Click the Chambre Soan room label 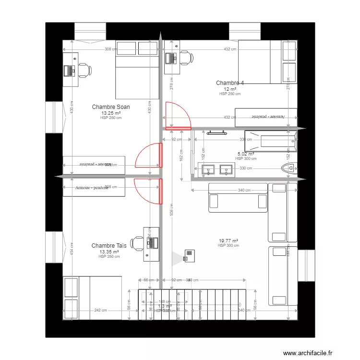click(111, 107)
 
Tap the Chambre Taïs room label click(109, 245)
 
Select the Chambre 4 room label click(230, 83)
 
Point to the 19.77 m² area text click(228, 240)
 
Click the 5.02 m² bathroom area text click(245, 154)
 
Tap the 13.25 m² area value click(111, 113)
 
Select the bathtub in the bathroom click(270, 140)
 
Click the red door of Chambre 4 click(178, 128)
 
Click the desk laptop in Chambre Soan click(70, 70)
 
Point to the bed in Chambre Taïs click(92, 297)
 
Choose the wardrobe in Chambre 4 click(266, 116)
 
